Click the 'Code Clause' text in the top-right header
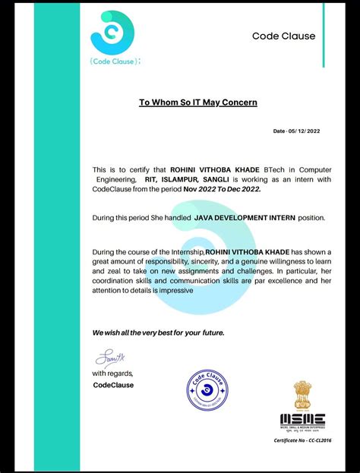pyautogui.click(x=283, y=36)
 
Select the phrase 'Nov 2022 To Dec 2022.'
pyautogui.click(x=222, y=188)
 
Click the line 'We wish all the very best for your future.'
pyautogui.click(x=158, y=333)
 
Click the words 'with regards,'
pyautogui.click(x=112, y=374)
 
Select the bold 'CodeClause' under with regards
pyautogui.click(x=113, y=384)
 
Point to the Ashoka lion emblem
pyautogui.click(x=302, y=395)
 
